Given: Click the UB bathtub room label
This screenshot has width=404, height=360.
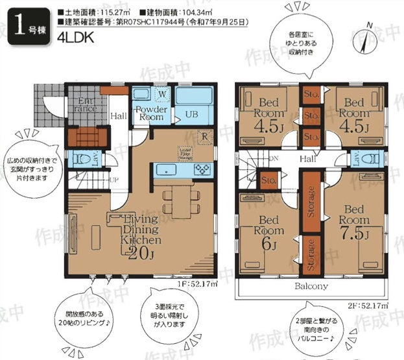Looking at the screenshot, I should coord(192,114).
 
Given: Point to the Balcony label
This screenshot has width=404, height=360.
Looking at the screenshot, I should coord(311,285).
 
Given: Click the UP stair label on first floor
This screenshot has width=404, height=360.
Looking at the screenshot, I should coord(114,180).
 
